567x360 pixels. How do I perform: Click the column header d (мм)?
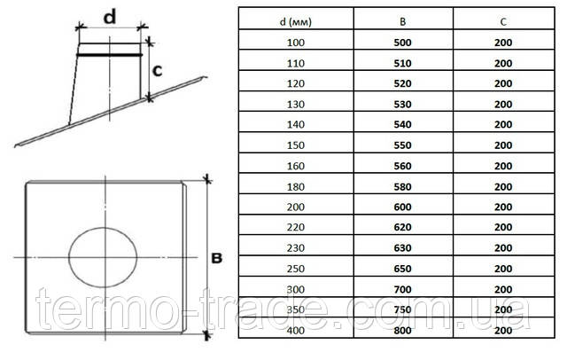295,22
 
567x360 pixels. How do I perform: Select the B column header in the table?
402,22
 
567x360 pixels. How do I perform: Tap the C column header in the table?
503,22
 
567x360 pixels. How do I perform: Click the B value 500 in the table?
402,43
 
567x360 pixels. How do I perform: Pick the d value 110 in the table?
295,63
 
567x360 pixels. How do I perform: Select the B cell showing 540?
402,124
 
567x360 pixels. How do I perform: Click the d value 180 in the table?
295,187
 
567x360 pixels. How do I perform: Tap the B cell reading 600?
402,207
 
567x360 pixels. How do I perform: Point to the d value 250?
295,269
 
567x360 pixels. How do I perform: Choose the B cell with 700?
402,289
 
